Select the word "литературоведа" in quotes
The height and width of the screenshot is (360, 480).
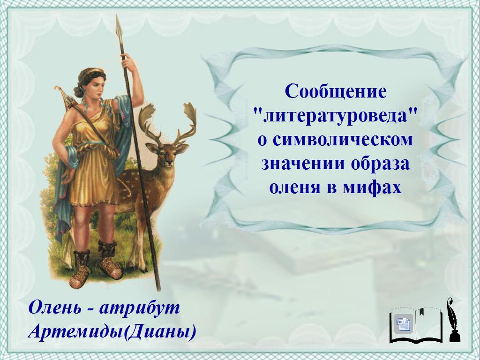pyautogui.click(x=336, y=116)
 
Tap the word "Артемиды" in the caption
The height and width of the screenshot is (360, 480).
pyautogui.click(x=76, y=331)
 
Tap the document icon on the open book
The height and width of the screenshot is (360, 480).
pyautogui.click(x=404, y=323)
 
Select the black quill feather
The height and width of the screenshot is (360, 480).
pyautogui.click(x=450, y=314)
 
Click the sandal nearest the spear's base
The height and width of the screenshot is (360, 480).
pyautogui.click(x=110, y=260)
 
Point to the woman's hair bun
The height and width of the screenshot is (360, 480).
pyautogui.click(x=78, y=91)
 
